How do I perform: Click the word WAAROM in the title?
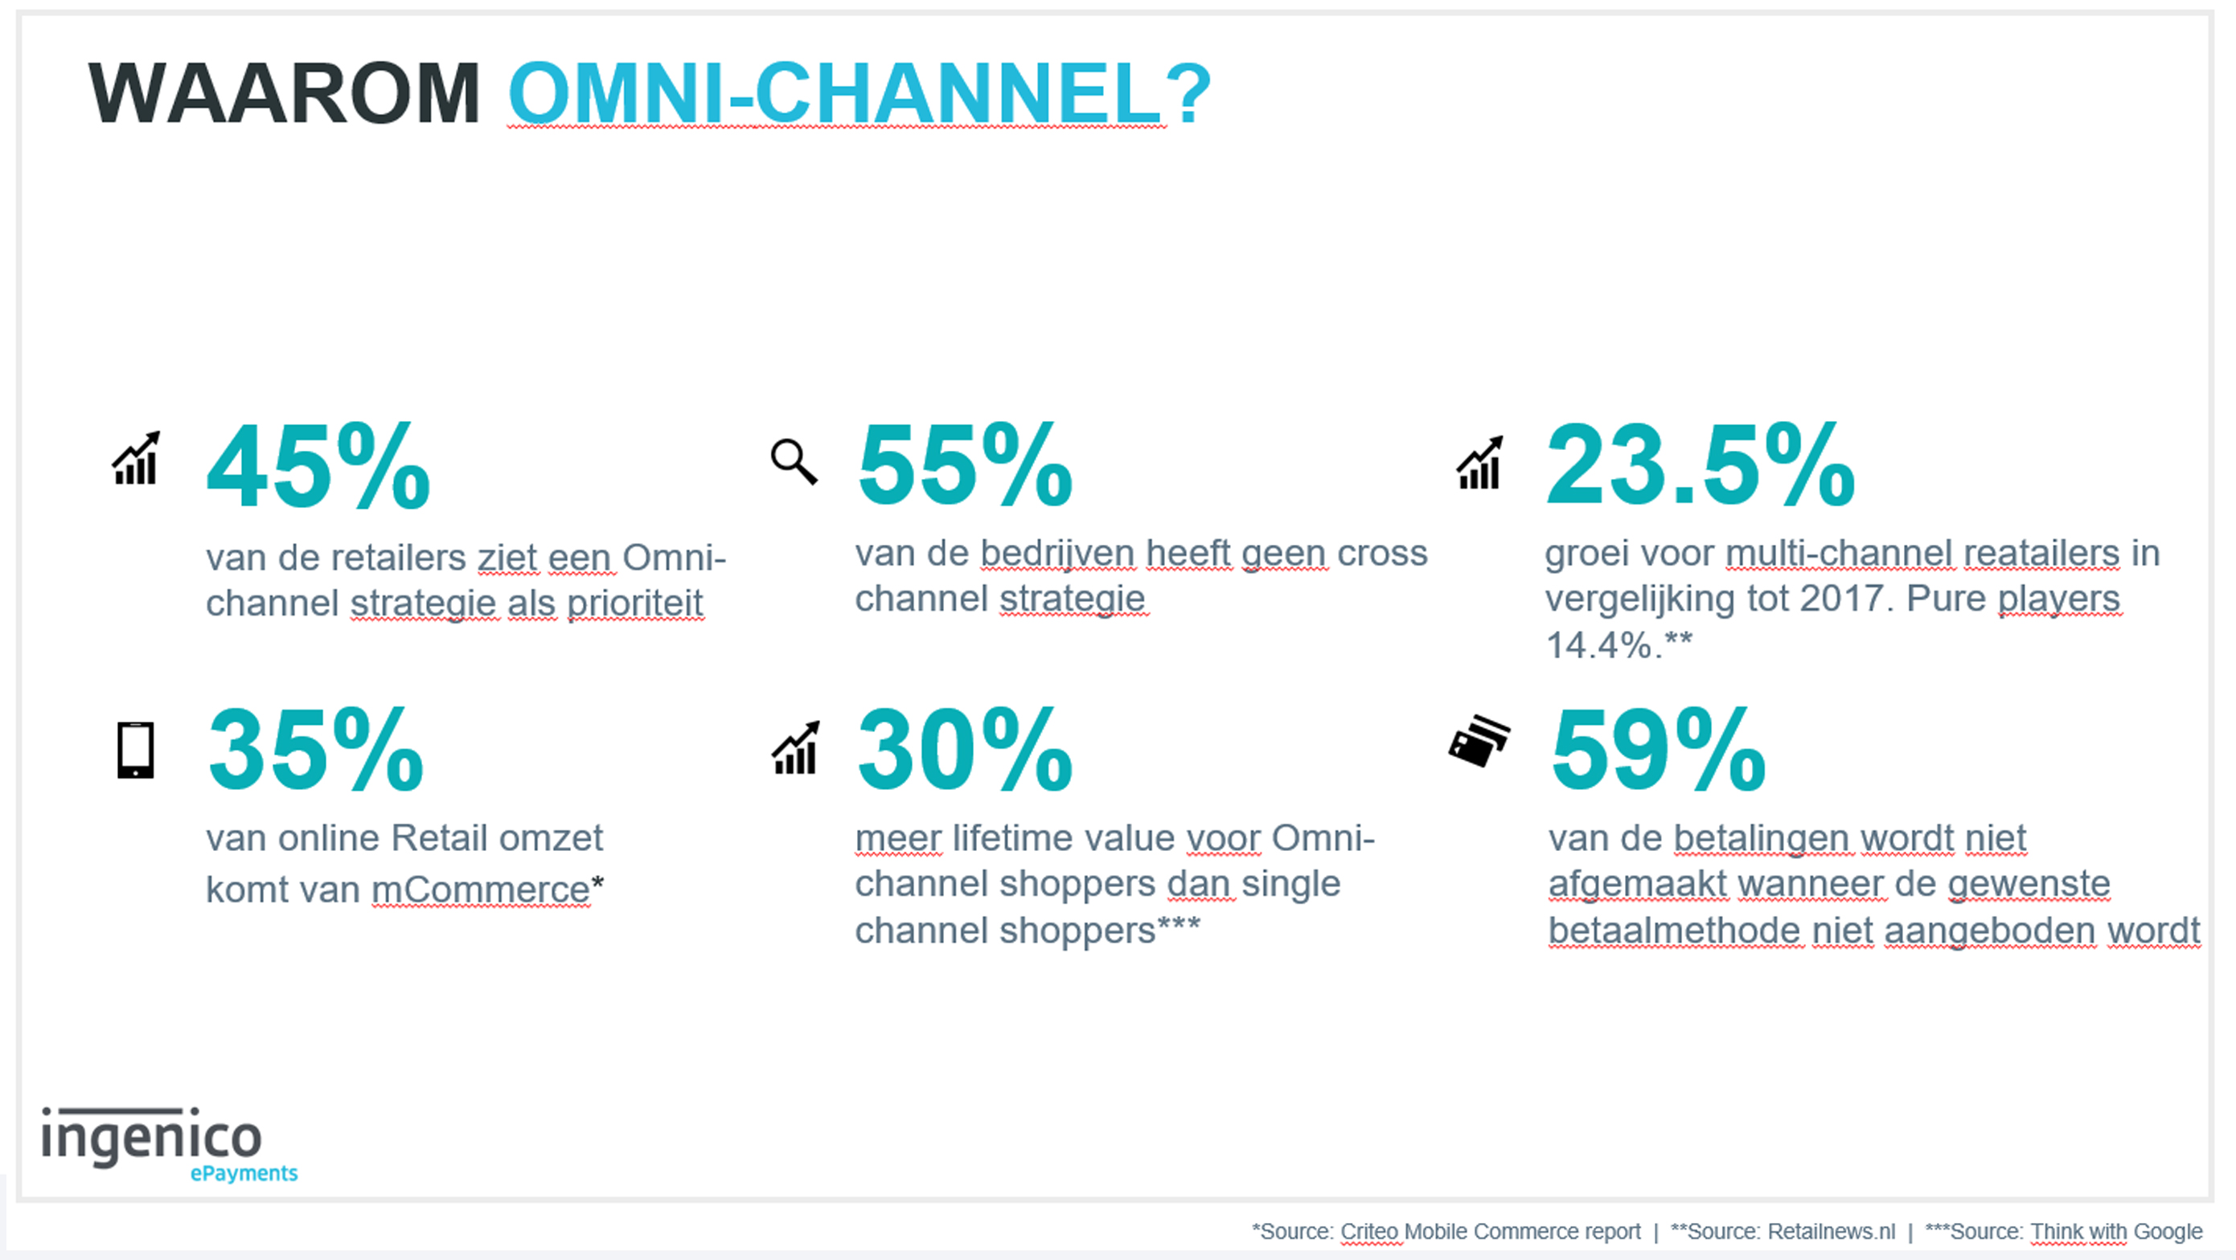point(284,94)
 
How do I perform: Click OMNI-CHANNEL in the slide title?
point(835,94)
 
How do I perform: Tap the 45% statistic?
point(318,467)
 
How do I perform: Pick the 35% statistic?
point(316,749)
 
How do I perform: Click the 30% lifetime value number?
point(965,749)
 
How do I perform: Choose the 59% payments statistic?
point(1658,749)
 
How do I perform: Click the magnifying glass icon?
point(794,462)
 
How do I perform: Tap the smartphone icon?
point(135,750)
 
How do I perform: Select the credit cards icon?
point(1480,740)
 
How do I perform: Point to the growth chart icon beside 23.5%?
point(1480,463)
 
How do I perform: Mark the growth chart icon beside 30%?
point(796,747)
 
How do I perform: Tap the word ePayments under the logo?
point(244,1173)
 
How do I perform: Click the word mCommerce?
point(482,890)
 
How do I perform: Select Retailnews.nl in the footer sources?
point(1832,1231)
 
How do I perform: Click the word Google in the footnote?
point(2168,1232)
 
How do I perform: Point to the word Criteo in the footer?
point(1368,1231)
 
